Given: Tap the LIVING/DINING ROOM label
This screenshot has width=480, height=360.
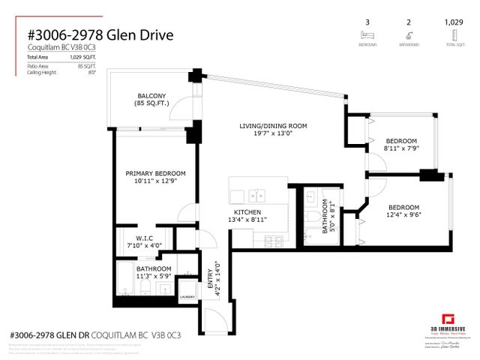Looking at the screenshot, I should tap(273, 125).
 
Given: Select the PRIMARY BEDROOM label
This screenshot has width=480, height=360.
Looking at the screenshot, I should tap(155, 173).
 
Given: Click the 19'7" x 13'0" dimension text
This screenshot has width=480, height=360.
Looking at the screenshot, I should tap(273, 134).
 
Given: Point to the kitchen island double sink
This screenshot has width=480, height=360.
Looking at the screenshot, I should tap(256, 196).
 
